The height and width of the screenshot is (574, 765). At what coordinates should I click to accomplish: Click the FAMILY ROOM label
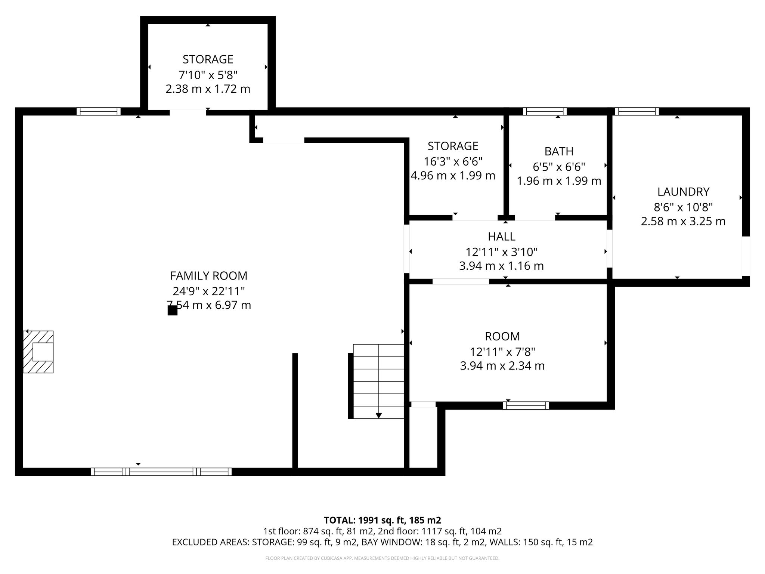[x=209, y=276]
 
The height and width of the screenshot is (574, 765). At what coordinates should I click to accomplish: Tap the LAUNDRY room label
[x=683, y=192]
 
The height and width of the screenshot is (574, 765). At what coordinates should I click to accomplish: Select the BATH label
[x=559, y=151]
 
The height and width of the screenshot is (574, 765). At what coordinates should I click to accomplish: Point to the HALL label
[x=502, y=237]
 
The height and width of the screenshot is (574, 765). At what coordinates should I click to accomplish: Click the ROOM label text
[x=502, y=336]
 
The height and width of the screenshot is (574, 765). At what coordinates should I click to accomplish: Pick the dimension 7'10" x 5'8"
[x=208, y=75]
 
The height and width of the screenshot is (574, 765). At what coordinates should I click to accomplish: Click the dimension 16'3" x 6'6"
[x=453, y=161]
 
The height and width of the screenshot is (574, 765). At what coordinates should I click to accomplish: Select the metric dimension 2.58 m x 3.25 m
[x=683, y=221]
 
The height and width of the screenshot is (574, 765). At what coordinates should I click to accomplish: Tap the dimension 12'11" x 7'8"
[x=502, y=352]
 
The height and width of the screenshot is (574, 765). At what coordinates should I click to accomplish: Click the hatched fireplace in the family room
[x=38, y=352]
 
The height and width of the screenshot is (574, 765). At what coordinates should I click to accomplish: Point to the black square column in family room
[x=172, y=311]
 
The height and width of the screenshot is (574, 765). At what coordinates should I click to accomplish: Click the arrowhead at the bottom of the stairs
[x=379, y=415]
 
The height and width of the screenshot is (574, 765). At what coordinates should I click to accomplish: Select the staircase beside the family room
[x=378, y=381]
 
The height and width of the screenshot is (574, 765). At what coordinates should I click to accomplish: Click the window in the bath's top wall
[x=545, y=111]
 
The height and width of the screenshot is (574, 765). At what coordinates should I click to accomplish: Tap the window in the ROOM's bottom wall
[x=526, y=405]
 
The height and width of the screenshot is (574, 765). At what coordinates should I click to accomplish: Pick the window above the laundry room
[x=637, y=111]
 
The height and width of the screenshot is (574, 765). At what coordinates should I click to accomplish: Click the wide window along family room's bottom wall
[x=161, y=472]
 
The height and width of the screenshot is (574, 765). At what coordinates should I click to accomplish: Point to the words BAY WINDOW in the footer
[x=391, y=542]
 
